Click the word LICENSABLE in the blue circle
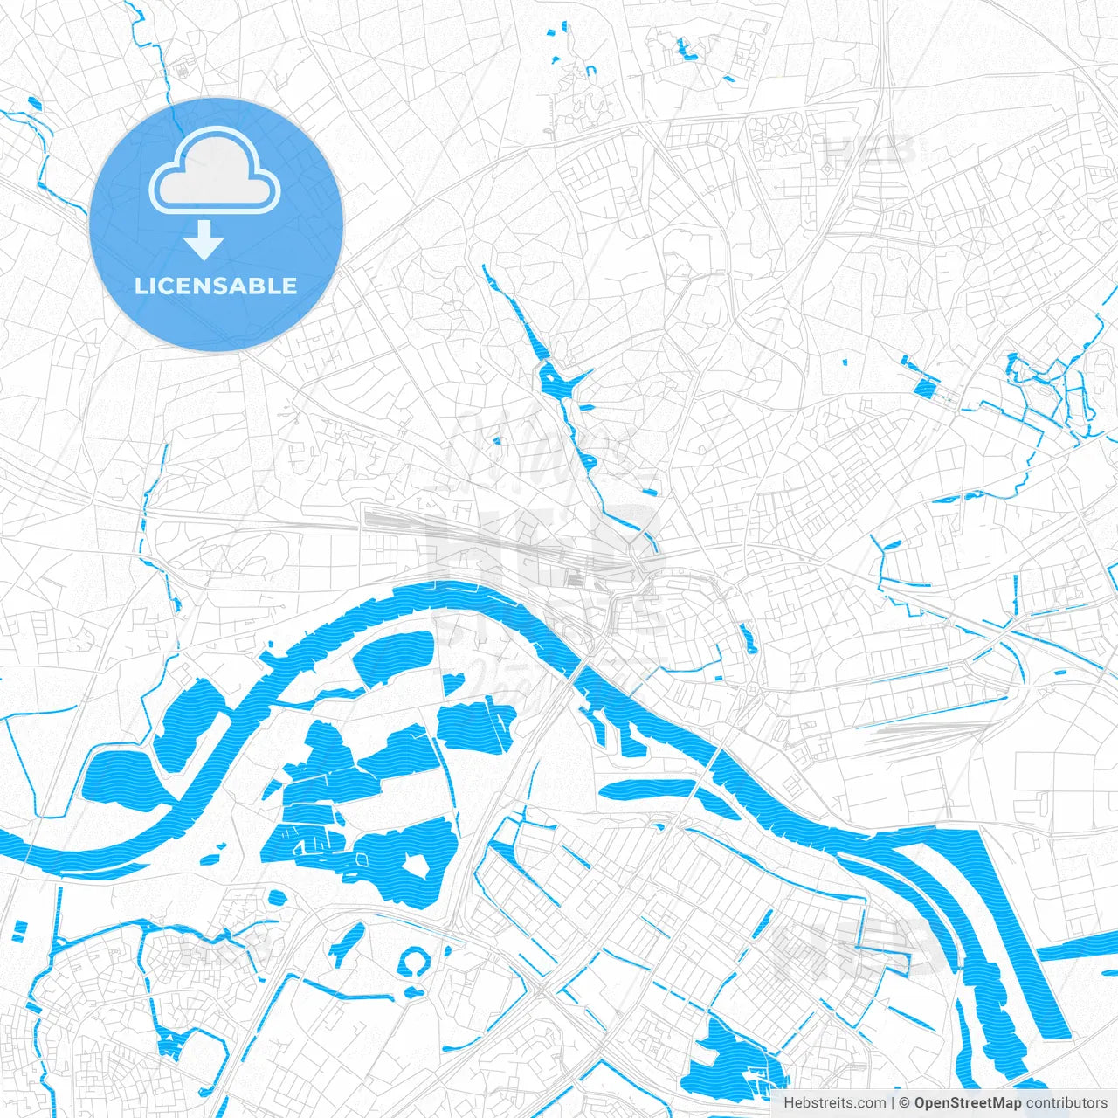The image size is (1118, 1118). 216,286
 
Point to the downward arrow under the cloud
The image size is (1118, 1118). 204,239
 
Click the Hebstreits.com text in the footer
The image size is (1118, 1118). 834,1103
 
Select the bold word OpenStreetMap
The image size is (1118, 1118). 967,1103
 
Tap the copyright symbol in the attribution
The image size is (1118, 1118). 905,1103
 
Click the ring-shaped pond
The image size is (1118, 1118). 414,963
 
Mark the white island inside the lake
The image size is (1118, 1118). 412,867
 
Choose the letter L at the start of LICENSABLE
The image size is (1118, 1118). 140,286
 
